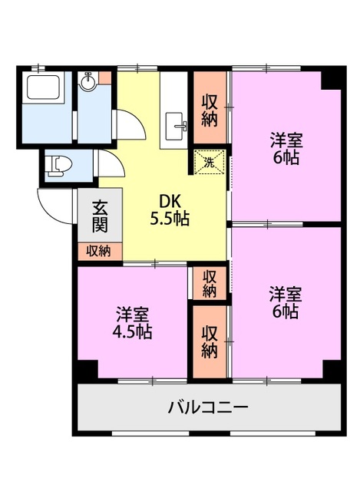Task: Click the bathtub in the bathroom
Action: point(43,87)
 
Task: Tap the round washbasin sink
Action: point(88,81)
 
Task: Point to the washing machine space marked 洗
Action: point(210,162)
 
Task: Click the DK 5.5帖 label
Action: point(170,210)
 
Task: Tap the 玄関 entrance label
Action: point(100,216)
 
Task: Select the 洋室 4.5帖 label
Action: point(132,324)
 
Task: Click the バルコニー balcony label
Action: point(208,407)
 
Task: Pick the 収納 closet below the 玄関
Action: point(100,251)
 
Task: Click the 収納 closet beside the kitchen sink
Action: point(210,111)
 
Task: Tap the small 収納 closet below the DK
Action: point(210,283)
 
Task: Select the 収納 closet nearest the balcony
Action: point(210,341)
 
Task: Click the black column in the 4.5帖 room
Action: point(88,370)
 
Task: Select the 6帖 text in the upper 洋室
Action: point(286,158)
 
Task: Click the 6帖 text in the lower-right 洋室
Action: point(285,311)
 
